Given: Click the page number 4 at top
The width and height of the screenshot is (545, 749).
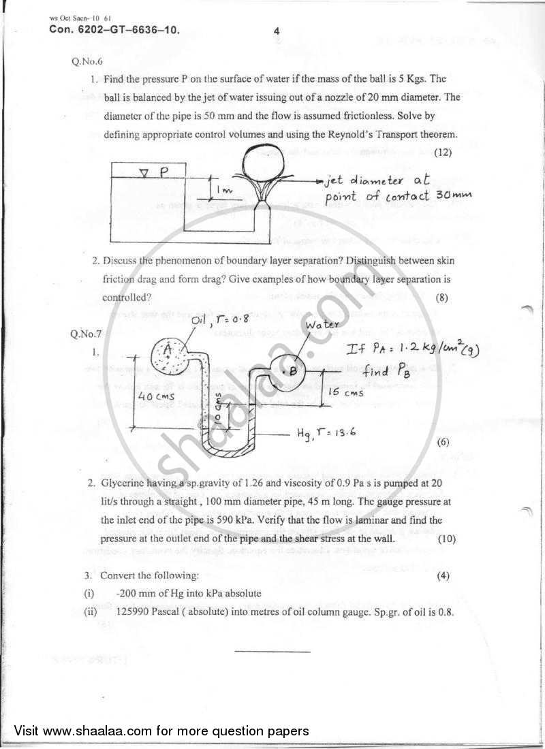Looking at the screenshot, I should point(277,30).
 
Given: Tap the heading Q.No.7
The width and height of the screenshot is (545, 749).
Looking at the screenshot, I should point(85,334).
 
